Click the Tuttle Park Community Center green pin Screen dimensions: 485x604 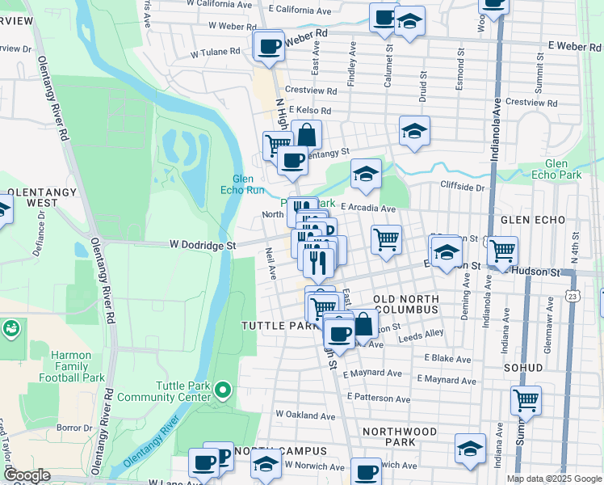[x=223, y=391]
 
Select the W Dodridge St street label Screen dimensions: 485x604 [x=202, y=245]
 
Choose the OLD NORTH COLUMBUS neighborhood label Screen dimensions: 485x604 [x=406, y=305]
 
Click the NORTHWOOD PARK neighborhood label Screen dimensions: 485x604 [x=401, y=436]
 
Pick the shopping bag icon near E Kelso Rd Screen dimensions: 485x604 [x=306, y=134]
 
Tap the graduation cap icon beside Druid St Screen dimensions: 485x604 [x=414, y=131]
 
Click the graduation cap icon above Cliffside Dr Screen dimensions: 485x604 [x=366, y=174]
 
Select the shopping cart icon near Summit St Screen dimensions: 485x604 [x=526, y=399]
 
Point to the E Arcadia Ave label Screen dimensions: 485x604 [x=367, y=208]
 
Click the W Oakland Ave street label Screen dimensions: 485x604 [x=304, y=415]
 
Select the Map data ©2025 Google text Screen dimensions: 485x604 [x=553, y=479]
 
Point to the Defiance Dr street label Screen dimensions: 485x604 [x=41, y=234]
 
